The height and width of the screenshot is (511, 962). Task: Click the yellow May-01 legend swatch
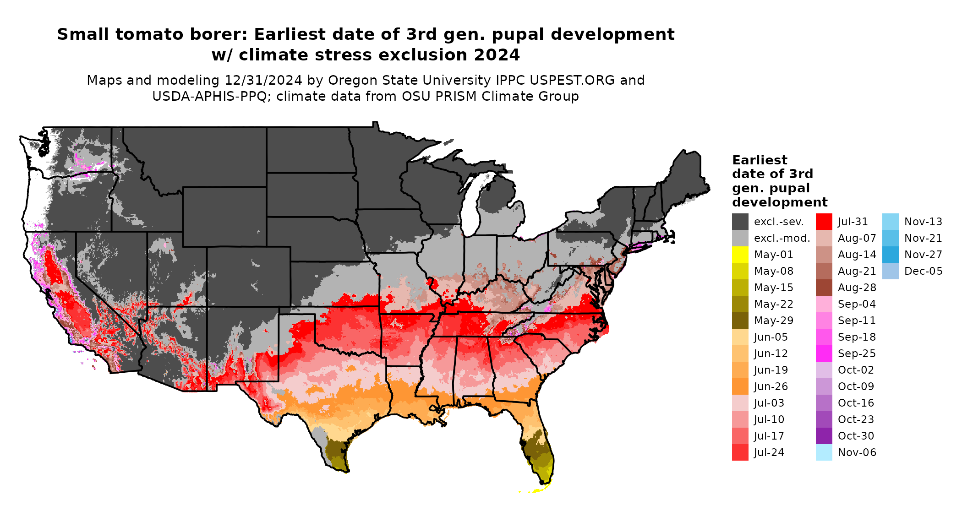(740, 255)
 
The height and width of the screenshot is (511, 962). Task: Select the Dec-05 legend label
(923, 271)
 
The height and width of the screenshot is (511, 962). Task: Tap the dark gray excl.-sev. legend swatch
(740, 222)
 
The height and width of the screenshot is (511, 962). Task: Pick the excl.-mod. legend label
(782, 238)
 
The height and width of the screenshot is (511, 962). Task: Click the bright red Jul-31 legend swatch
(824, 222)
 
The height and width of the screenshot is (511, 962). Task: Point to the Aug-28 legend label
(857, 288)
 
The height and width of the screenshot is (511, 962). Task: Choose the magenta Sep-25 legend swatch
(824, 353)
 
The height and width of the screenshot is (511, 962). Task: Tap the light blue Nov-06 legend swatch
(824, 452)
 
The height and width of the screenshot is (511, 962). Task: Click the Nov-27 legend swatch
(890, 255)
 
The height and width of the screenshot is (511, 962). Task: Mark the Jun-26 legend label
(771, 386)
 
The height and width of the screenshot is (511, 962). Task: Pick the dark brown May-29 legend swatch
(740, 321)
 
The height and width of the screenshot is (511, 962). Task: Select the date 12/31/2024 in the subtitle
(263, 81)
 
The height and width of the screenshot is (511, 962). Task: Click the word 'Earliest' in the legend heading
(760, 160)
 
